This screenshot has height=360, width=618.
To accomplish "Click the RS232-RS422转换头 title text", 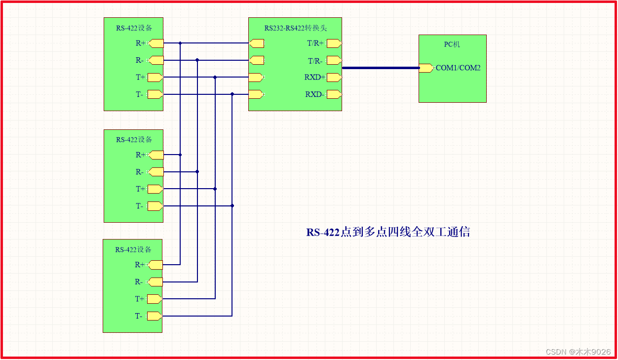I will tap(295, 28).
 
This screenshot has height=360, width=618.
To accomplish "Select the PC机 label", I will tap(452, 44).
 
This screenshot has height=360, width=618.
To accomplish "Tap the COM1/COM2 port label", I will tap(458, 68).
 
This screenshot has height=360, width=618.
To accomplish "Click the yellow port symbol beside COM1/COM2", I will tap(425, 68).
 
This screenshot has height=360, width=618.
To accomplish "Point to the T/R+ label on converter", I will tap(315, 43).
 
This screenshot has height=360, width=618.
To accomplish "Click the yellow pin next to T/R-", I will tap(334, 60).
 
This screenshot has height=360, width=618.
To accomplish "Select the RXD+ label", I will tap(315, 78).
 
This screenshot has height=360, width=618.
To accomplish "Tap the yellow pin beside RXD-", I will tap(334, 94).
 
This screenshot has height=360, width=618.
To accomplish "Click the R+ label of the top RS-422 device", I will tap(141, 43).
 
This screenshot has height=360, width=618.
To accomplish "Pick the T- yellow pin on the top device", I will tap(155, 94).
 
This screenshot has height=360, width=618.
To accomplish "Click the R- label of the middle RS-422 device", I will tap(140, 172).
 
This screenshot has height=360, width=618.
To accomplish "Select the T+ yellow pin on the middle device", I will tap(155, 189).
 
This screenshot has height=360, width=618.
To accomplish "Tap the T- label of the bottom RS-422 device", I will tap(139, 316).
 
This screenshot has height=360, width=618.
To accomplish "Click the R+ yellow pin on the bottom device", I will tap(155, 265).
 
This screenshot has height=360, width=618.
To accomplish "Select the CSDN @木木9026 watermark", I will tap(578, 352).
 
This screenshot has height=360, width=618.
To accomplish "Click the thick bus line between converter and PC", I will tap(380, 68).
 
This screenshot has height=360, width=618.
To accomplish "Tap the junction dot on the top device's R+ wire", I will tap(180, 43).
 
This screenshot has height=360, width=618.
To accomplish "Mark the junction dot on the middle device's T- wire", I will tap(232, 205).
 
